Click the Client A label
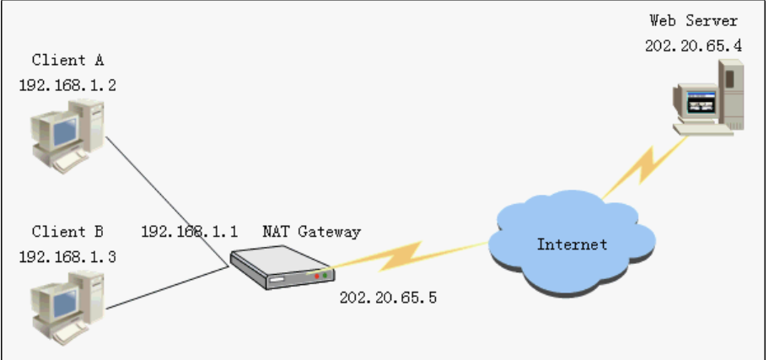[x=67, y=60]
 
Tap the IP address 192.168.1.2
[x=67, y=85]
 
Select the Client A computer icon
[x=67, y=136]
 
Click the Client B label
[x=67, y=232]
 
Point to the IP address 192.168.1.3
[x=67, y=257]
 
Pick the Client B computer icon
[x=67, y=308]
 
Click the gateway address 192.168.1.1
[x=190, y=232]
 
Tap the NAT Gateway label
[x=311, y=232]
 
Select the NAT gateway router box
[x=282, y=267]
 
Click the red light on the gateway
[x=317, y=277]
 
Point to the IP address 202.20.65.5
[x=388, y=298]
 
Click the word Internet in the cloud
[x=572, y=244]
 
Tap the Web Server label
[x=693, y=20]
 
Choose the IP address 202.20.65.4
[x=693, y=46]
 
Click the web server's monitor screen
[x=700, y=102]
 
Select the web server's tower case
[x=731, y=94]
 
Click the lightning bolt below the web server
[x=644, y=167]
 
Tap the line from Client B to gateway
[x=167, y=287]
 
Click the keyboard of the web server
[x=702, y=130]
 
